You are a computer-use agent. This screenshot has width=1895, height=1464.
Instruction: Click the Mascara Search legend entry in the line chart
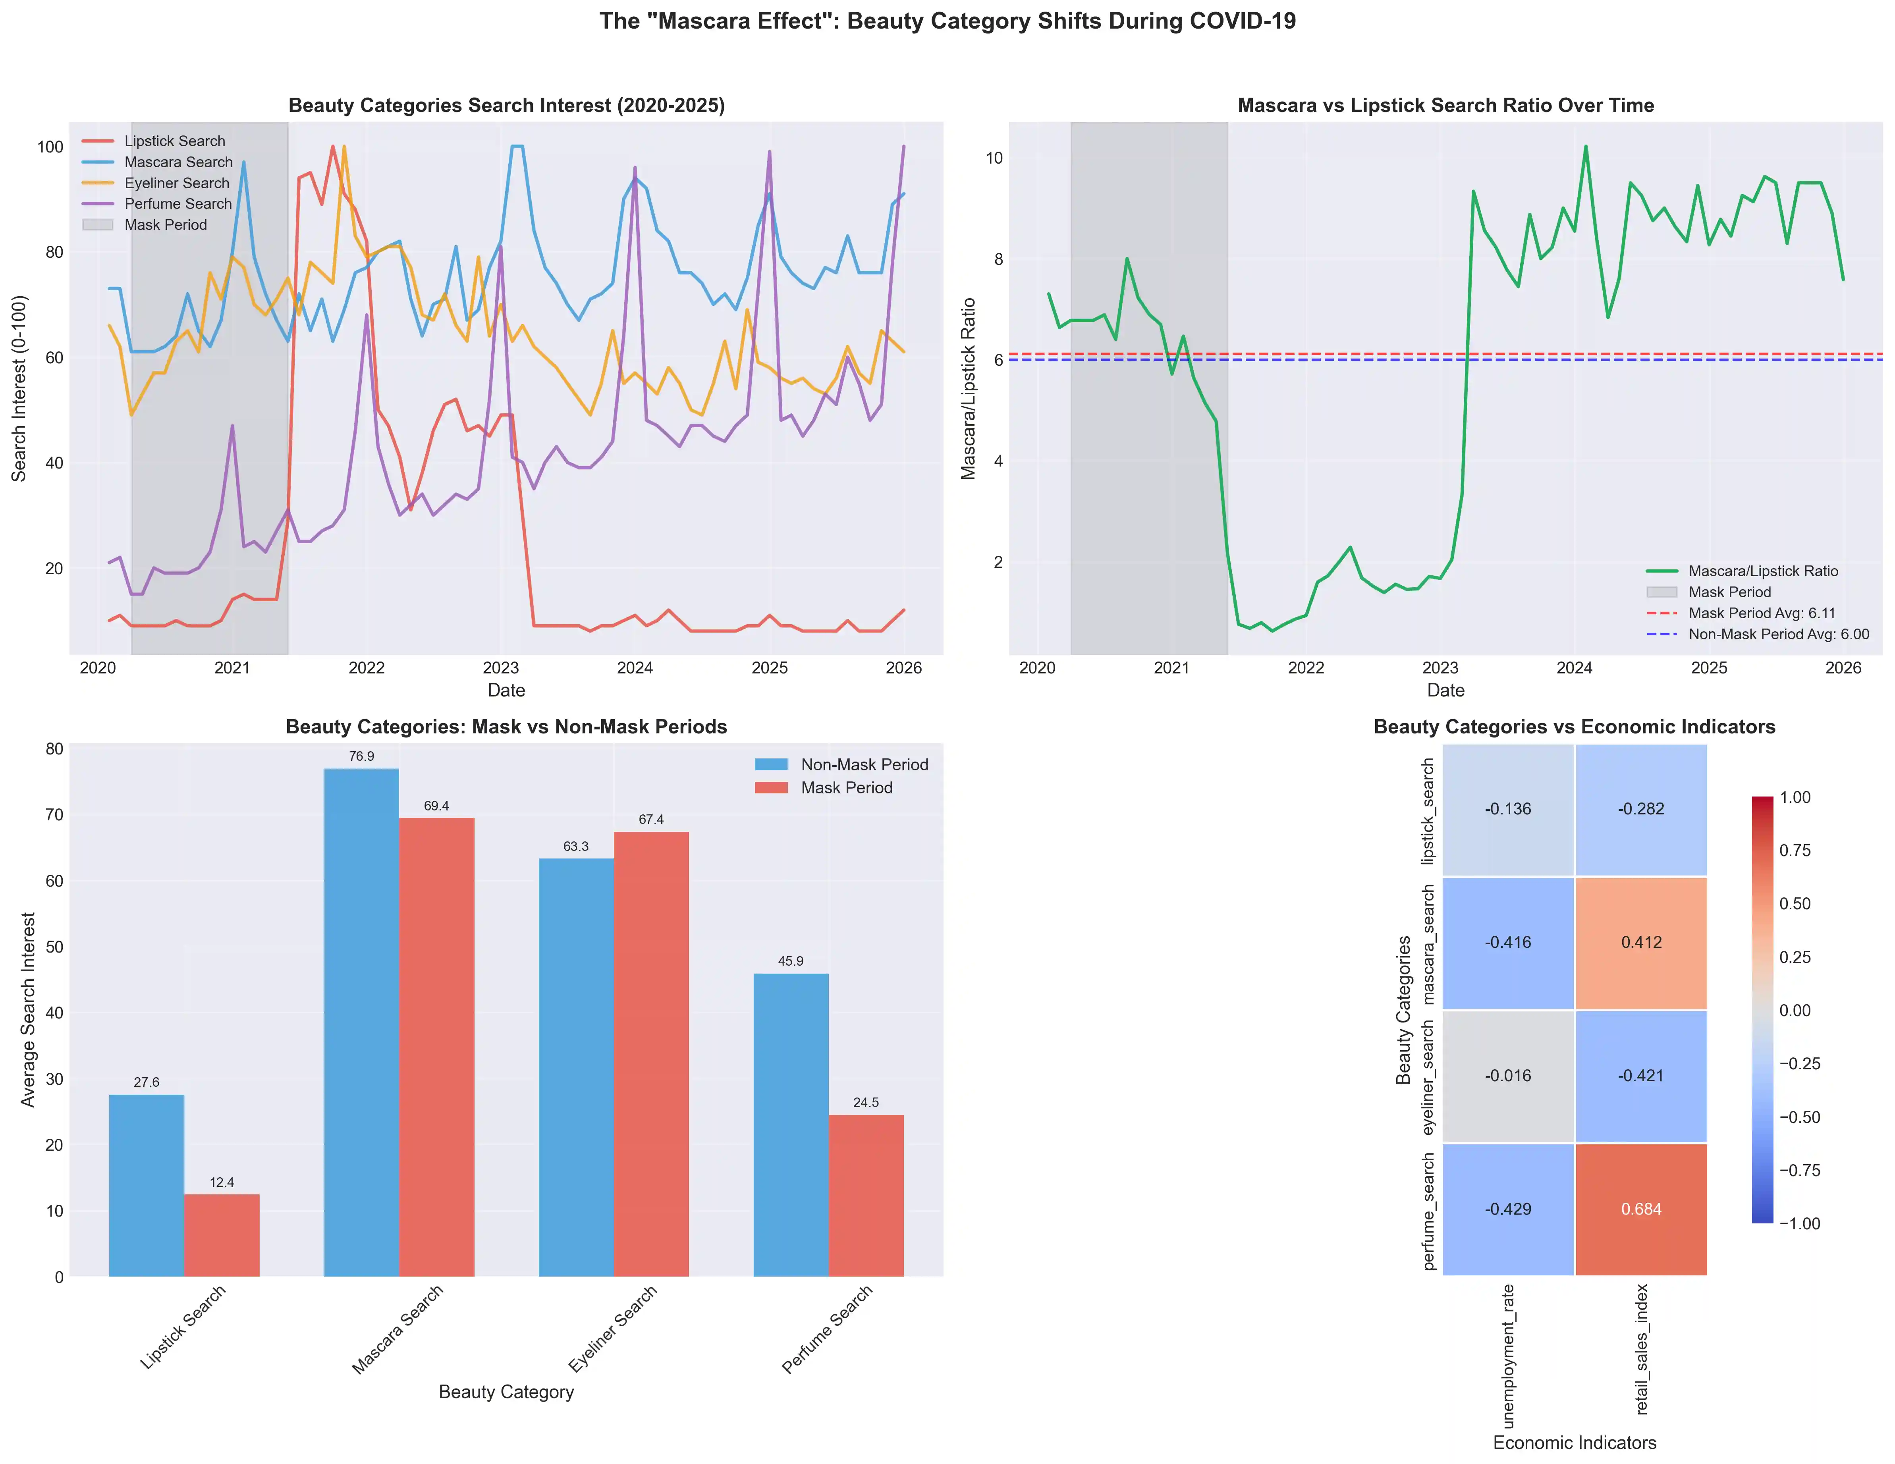click(178, 162)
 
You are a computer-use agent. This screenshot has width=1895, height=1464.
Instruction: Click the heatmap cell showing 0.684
click(1641, 1209)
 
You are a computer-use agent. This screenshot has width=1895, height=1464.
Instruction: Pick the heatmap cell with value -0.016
click(1508, 1076)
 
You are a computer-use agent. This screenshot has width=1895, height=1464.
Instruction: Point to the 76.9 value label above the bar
click(362, 757)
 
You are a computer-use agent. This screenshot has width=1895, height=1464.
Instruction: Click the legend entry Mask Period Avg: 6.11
click(1762, 613)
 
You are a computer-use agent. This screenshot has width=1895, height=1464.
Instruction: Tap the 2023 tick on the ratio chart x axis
click(1440, 668)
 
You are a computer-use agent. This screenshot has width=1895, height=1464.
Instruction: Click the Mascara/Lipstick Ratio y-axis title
click(968, 389)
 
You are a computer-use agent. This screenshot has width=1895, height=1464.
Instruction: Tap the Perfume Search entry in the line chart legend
click(178, 204)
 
